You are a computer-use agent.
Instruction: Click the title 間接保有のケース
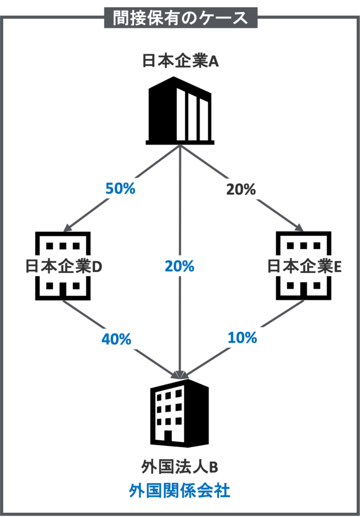click(x=180, y=17)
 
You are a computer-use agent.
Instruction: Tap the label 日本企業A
click(x=180, y=61)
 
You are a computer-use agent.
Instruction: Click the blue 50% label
click(x=120, y=189)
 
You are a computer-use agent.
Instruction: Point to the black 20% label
click(x=241, y=190)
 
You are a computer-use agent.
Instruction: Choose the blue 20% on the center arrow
click(x=180, y=266)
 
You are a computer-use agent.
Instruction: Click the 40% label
click(x=116, y=339)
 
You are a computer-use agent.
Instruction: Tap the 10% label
click(x=242, y=338)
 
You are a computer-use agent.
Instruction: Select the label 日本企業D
click(x=64, y=266)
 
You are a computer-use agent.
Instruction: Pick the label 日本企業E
click(x=304, y=266)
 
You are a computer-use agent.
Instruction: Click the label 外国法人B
click(x=180, y=467)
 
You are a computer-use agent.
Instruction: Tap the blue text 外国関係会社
click(x=180, y=491)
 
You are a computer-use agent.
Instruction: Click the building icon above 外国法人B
click(x=180, y=413)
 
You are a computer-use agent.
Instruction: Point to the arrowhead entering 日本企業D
click(x=67, y=228)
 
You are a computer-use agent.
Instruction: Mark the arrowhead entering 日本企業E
click(x=300, y=227)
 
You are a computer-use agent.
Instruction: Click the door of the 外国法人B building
click(x=168, y=436)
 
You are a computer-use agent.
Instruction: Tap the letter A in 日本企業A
click(x=213, y=61)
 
